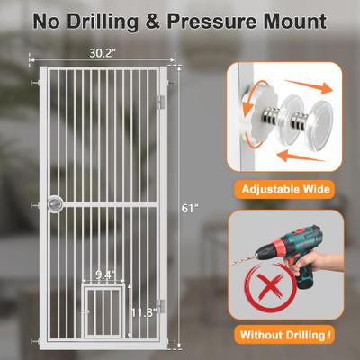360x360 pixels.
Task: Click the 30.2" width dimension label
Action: click(x=103, y=53)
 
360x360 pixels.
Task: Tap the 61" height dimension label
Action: click(x=188, y=208)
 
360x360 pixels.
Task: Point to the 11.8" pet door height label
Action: click(x=144, y=312)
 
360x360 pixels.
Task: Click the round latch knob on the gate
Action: click(x=55, y=204)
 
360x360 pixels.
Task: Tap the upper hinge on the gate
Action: click(x=161, y=103)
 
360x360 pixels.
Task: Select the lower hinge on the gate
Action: click(x=161, y=306)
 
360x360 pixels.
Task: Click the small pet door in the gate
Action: click(x=103, y=310)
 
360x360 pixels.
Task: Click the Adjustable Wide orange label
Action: click(x=285, y=190)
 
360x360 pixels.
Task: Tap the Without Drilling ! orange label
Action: click(x=285, y=335)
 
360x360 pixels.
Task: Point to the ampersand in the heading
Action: click(x=153, y=22)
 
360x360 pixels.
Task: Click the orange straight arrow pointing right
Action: click(x=310, y=85)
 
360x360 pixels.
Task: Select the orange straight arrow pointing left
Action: click(x=301, y=157)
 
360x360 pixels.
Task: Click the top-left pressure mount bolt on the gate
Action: click(x=35, y=83)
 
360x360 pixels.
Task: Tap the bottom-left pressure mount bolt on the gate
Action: click(x=35, y=342)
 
